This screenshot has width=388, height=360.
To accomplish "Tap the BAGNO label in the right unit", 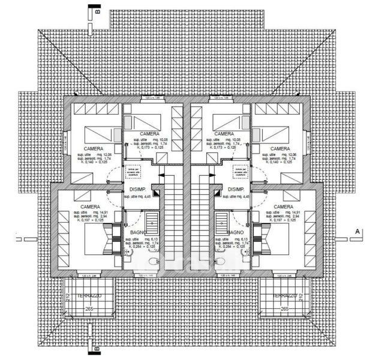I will tap(236, 232).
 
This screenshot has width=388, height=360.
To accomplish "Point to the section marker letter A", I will tap(357, 230).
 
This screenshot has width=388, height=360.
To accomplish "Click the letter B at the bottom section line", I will tap(94, 346).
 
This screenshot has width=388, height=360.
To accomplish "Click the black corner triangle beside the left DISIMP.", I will tap(155, 193).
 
